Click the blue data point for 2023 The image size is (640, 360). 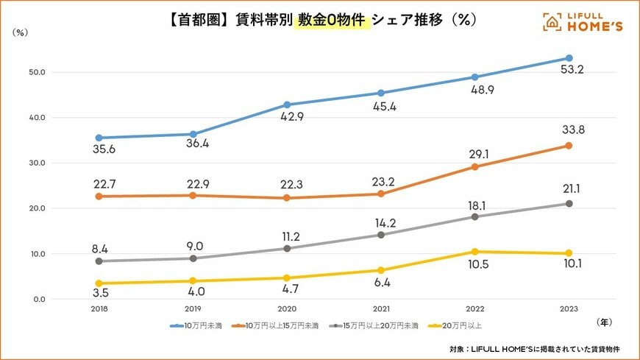coord(569,58)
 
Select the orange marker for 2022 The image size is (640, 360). coord(474,166)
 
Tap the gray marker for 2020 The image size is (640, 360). coord(287,248)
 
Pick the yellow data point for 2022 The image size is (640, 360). coord(474,252)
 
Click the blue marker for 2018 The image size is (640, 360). coord(99,138)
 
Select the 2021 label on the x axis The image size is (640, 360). coord(380,310)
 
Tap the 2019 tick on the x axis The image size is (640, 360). coord(193,310)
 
